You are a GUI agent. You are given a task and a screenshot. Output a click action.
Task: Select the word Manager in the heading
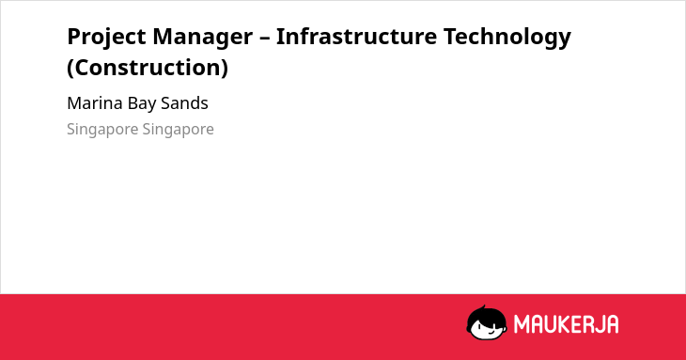[203, 38]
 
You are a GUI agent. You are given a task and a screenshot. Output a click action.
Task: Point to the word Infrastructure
[356, 37]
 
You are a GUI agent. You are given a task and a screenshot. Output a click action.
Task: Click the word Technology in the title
[507, 38]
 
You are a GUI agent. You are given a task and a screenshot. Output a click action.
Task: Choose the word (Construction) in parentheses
[148, 68]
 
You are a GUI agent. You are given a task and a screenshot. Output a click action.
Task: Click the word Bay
[141, 104]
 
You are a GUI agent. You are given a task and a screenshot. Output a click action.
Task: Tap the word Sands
[184, 103]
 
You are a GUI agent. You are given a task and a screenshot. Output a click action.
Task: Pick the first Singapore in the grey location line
[102, 130]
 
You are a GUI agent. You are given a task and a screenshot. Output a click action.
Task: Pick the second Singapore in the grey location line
[178, 130]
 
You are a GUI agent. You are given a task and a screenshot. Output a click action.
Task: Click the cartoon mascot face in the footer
[487, 323]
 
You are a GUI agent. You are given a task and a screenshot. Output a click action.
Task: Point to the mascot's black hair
[486, 315]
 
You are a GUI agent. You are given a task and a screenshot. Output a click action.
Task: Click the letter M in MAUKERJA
[522, 324]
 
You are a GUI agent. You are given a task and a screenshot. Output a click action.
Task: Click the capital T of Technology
[451, 37]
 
